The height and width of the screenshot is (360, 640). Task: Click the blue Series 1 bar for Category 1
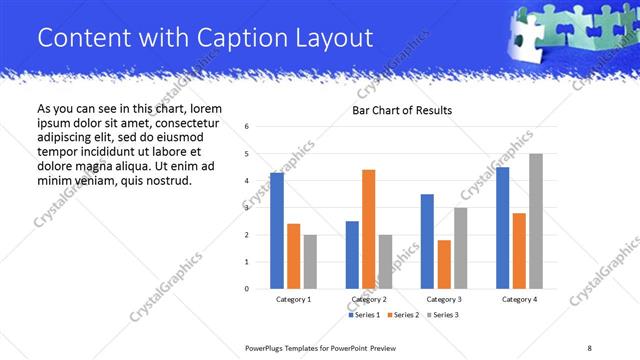pos(277,231)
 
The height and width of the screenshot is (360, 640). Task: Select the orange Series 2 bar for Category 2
pos(368,229)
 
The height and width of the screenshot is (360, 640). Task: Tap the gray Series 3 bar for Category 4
pos(535,221)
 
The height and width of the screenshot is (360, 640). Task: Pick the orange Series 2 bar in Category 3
pos(444,264)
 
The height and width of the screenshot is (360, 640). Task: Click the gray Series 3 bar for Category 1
pos(310,262)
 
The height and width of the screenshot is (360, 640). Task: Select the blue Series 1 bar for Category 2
pos(352,255)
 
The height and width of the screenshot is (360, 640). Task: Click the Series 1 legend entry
pos(363,315)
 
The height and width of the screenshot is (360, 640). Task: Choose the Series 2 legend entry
pos(401,315)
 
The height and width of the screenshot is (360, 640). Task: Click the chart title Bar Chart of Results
pos(402,110)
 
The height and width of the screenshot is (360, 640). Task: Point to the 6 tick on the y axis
pos(247,126)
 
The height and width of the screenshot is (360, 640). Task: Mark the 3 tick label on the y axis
pos(247,208)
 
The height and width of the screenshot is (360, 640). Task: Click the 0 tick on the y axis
pos(247,289)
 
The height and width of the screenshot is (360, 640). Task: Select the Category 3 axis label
pos(444,299)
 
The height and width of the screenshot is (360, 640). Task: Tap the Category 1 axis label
pos(293,299)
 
